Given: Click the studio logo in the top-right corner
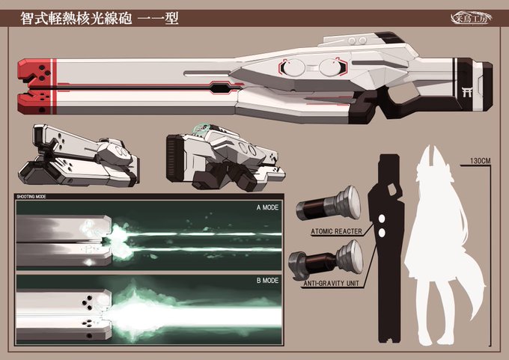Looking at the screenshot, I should (x=471, y=15).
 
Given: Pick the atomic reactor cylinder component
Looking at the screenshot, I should (x=329, y=204).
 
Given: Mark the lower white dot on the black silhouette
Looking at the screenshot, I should (x=382, y=231).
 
